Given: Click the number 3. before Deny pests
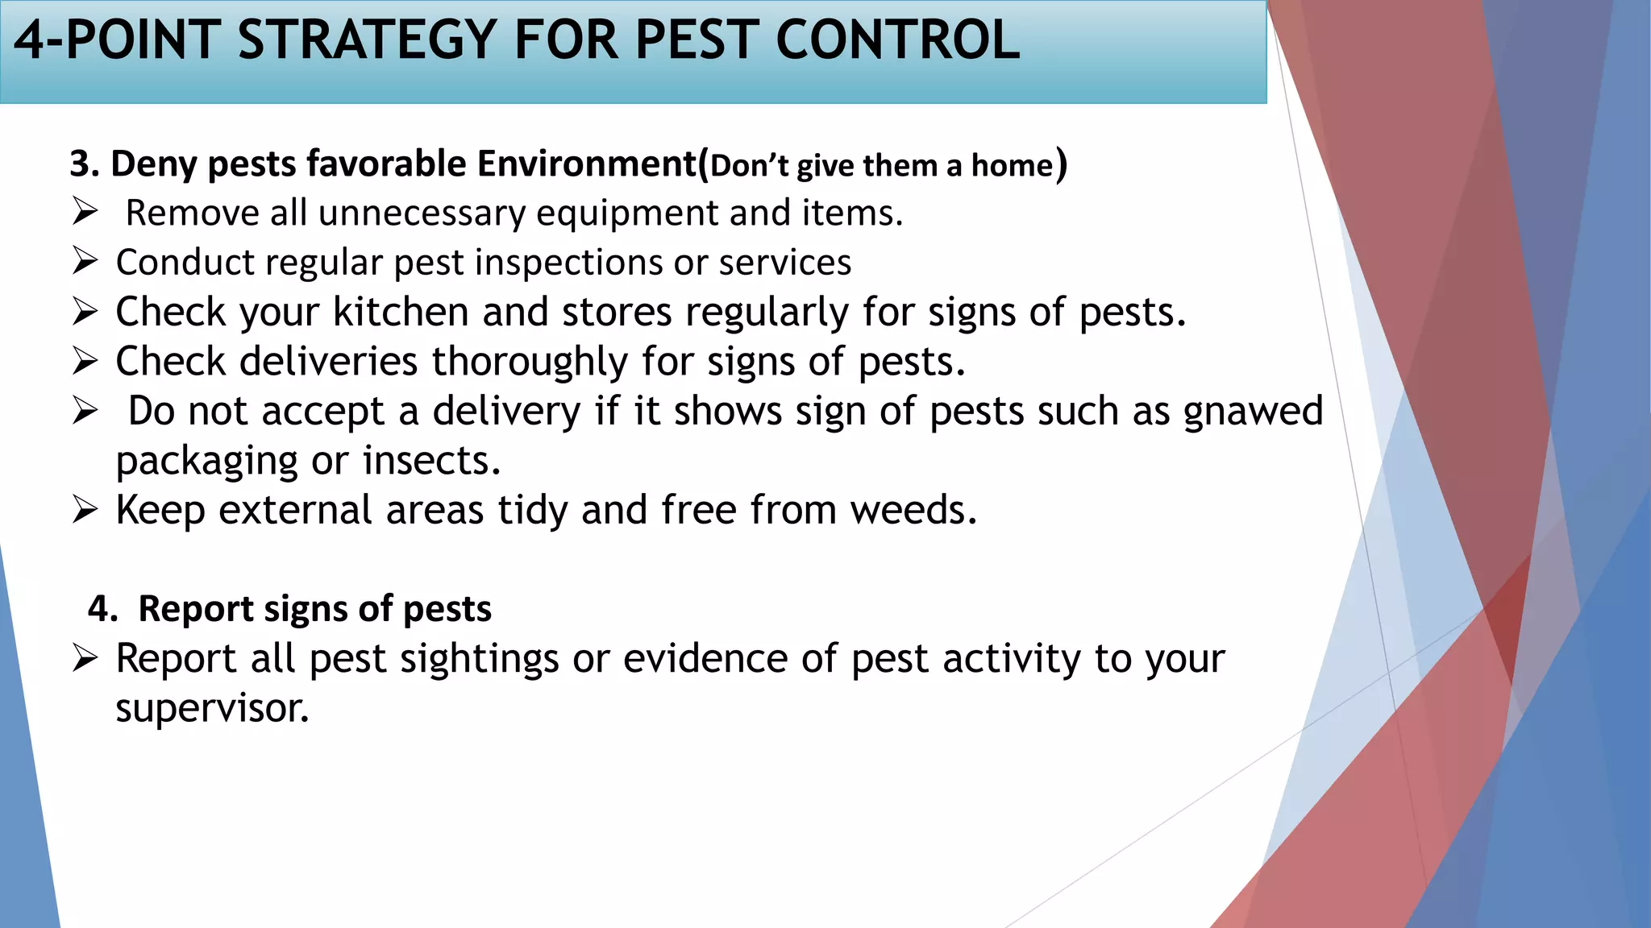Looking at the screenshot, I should click(x=84, y=164).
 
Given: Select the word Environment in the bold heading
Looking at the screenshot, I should click(x=586, y=164).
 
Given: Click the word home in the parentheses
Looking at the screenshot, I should click(x=1012, y=166).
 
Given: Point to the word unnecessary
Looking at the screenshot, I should click(x=422, y=213).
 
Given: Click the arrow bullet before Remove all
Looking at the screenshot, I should click(x=85, y=212).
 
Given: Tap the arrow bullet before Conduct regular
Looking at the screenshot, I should click(x=85, y=261).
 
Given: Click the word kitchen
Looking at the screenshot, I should click(x=401, y=312).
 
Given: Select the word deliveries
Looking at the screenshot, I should click(x=329, y=362).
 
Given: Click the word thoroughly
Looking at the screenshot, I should click(x=530, y=362).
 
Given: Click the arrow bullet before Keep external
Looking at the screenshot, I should click(x=85, y=509).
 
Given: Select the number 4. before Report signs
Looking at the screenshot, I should click(x=103, y=609).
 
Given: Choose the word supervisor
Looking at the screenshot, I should click(x=212, y=709).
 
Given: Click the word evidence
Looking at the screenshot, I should click(x=705, y=659).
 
